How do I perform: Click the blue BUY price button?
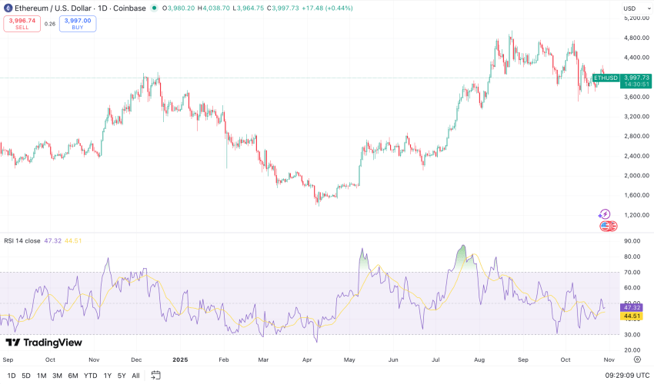click(78, 24)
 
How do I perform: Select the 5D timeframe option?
click(26, 376)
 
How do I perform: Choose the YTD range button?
click(90, 376)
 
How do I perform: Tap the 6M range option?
click(72, 376)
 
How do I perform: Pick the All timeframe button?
click(136, 376)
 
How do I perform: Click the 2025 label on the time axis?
click(180, 359)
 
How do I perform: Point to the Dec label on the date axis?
click(136, 359)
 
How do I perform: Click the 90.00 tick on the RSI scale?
click(632, 241)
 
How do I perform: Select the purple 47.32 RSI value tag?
click(632, 306)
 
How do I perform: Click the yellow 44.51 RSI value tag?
click(632, 316)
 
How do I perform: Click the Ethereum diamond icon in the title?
click(8, 8)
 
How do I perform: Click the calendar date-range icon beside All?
click(156, 376)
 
